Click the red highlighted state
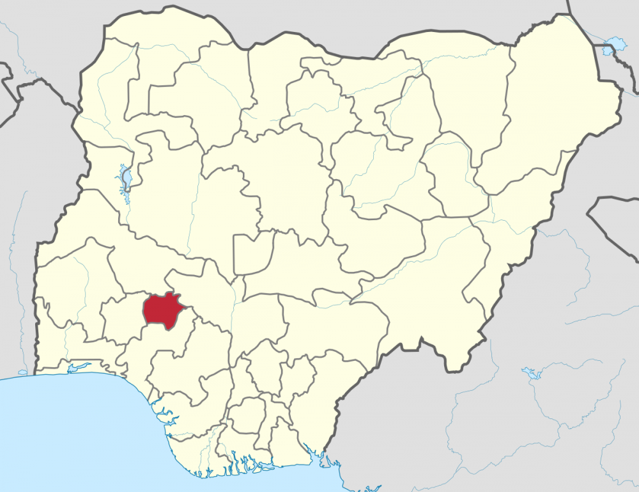coord(163,310)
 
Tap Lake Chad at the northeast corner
coord(615,44)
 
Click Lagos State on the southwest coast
coord(70,370)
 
